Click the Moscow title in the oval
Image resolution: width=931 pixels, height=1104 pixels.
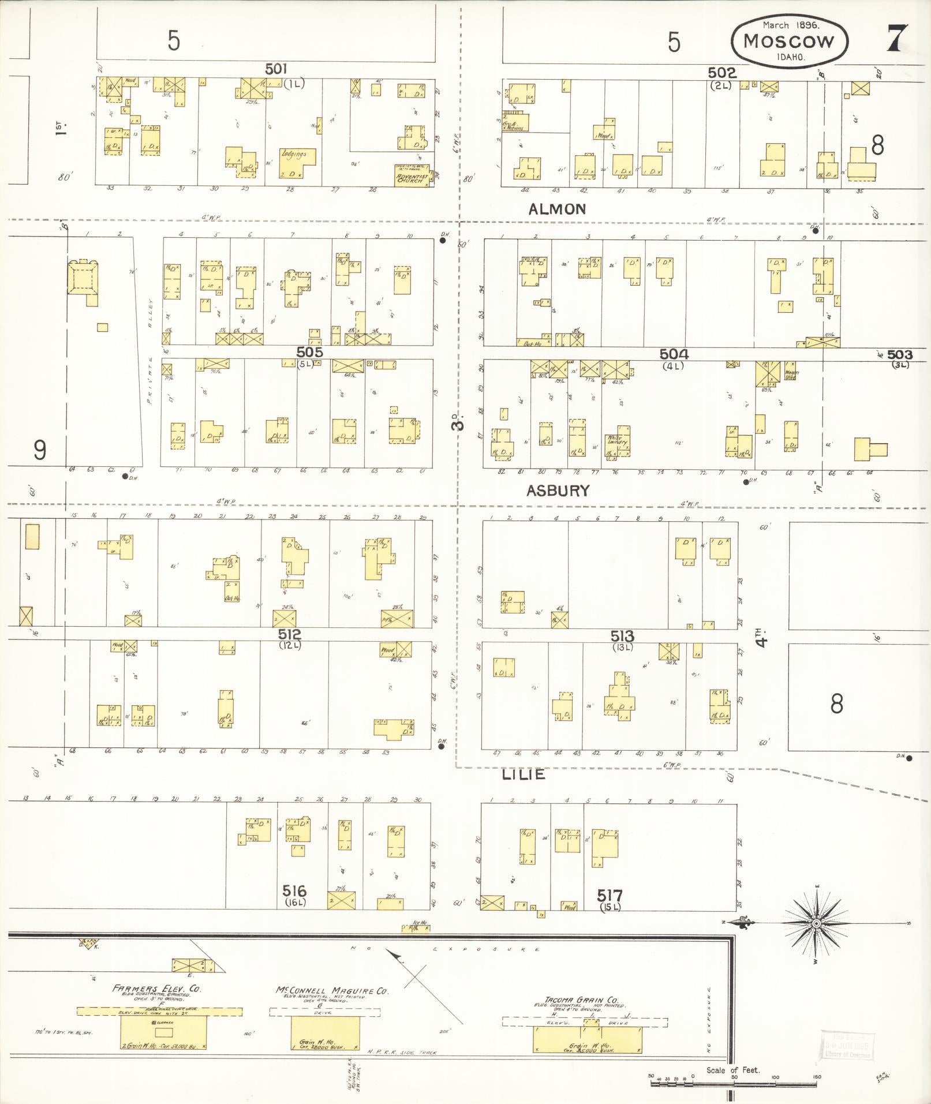(x=789, y=41)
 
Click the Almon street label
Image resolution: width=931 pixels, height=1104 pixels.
(x=557, y=209)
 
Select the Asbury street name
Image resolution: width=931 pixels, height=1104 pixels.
(x=558, y=491)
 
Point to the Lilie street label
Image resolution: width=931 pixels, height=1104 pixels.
(x=523, y=774)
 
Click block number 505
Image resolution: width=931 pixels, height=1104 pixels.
(x=309, y=352)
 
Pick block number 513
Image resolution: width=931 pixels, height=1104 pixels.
(x=622, y=637)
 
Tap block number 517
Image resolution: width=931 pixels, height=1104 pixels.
(x=610, y=896)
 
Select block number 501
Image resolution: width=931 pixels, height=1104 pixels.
(x=276, y=69)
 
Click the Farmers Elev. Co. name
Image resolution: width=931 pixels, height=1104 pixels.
(x=156, y=989)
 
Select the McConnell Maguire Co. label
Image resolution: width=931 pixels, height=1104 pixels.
(x=332, y=990)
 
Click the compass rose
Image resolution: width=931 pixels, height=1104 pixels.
(x=816, y=924)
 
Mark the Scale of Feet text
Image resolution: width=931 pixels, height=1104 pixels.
(x=733, y=1070)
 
